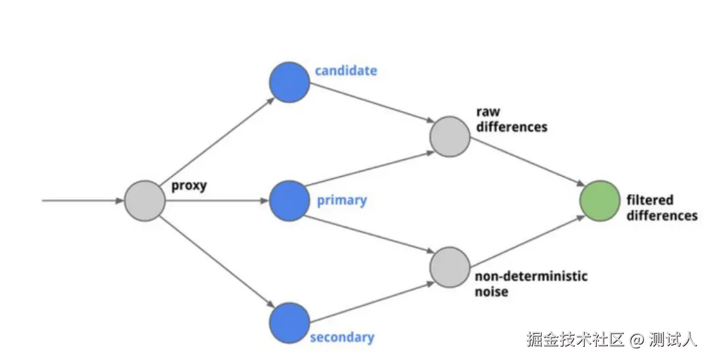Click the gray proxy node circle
[144, 200]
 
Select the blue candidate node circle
[289, 82]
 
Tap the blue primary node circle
[289, 200]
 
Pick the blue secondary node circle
[289, 323]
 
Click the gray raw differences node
[450, 137]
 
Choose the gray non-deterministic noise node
[450, 266]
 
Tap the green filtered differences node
[600, 200]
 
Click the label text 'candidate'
[346, 70]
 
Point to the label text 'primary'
[341, 200]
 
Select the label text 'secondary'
[341, 338]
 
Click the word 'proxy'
[189, 185]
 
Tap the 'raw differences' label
[511, 119]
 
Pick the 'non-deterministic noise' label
[530, 283]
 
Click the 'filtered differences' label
[660, 208]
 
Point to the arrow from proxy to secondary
[217, 261]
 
